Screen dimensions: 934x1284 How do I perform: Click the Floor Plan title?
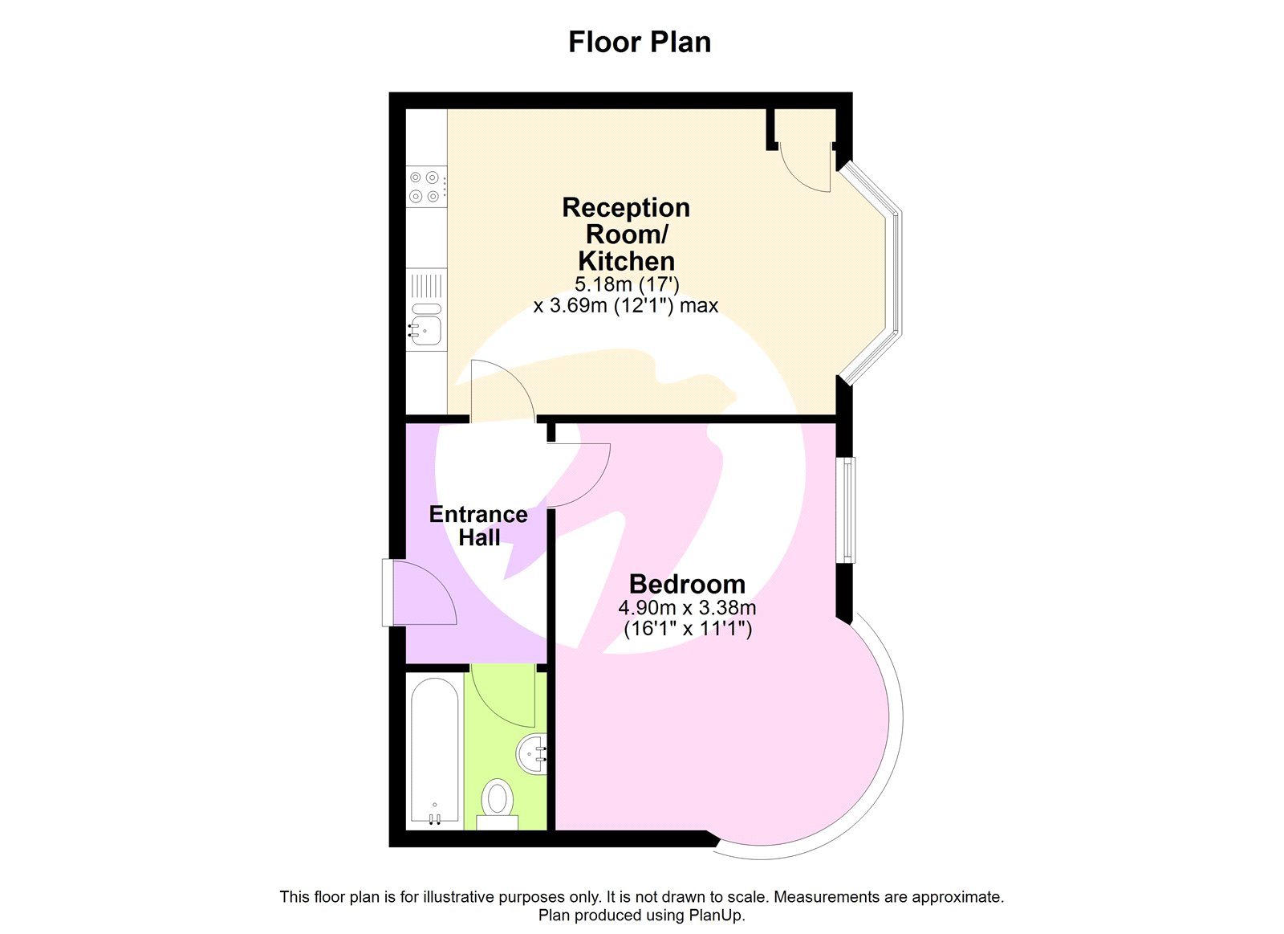tap(640, 42)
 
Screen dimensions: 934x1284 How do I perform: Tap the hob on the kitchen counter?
tap(425, 186)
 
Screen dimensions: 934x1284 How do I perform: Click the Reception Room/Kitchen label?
tap(626, 234)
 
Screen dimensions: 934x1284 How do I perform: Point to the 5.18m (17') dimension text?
tap(627, 283)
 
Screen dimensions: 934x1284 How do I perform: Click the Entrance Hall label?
tap(478, 525)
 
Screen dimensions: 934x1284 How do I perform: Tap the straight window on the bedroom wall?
tap(846, 510)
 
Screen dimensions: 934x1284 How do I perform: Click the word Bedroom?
tap(687, 584)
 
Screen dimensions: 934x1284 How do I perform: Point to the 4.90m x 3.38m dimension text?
tap(687, 608)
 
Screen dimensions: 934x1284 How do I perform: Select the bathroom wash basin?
tap(533, 754)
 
